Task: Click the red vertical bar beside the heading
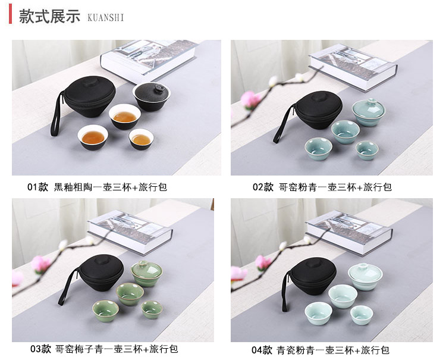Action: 10,14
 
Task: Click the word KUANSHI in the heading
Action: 105,18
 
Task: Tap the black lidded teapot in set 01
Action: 151,96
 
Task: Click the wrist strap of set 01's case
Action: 56,114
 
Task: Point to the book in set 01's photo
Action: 149,61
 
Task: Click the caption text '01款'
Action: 38,187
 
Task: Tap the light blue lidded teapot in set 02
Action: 369,112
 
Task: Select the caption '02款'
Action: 263,187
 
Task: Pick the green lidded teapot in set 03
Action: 146,273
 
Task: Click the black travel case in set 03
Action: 101,273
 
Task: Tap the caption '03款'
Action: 40,349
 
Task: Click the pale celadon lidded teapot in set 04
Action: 365,277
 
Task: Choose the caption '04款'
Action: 262,350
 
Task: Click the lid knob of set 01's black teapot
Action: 158,87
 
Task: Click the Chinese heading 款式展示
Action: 50,16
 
